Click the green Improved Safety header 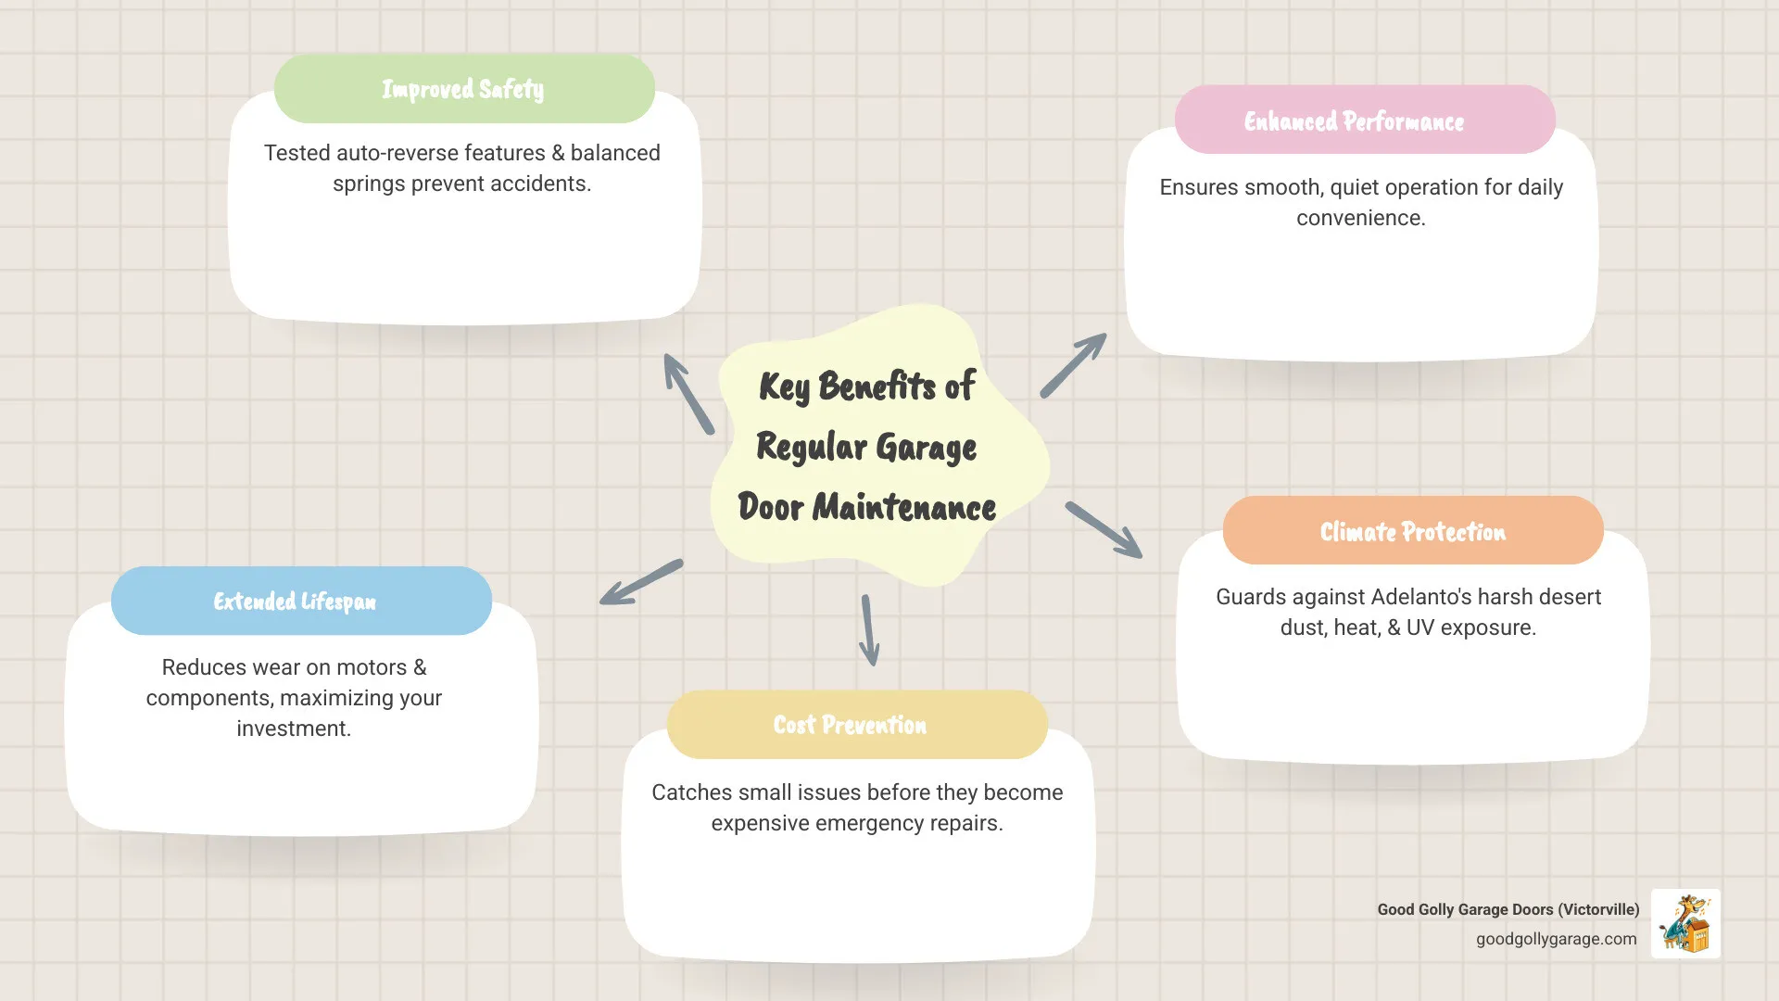coord(464,89)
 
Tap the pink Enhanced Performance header coord(1364,120)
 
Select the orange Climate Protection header coord(1412,531)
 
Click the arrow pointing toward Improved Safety coord(688,393)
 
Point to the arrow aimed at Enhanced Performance coord(1073,365)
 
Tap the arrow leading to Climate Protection coord(1104,529)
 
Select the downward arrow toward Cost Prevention coord(868,630)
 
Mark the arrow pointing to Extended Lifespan coord(641,582)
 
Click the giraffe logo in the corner coord(1685,923)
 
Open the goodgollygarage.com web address coord(1556,939)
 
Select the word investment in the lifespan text coord(293,729)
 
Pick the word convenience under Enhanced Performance coord(1360,218)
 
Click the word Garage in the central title coord(926,448)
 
